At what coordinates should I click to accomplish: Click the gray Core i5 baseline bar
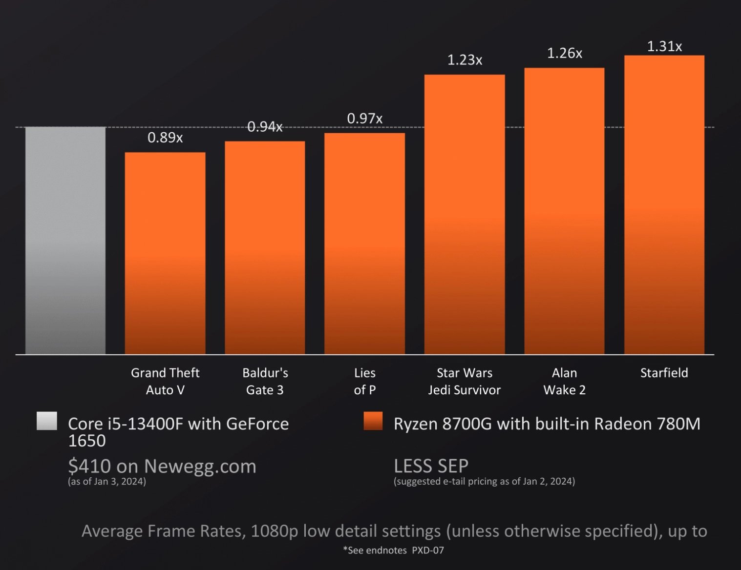tap(65, 240)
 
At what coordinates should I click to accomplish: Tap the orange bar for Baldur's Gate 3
tap(265, 247)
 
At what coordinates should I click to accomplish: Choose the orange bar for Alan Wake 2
tap(564, 211)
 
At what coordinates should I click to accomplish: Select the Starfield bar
tap(664, 204)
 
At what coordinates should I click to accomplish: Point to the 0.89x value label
tap(165, 138)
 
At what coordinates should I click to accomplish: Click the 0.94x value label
tap(265, 127)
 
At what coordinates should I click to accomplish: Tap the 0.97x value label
tap(364, 119)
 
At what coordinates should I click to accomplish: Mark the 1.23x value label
tap(465, 60)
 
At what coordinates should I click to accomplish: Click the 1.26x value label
tap(564, 53)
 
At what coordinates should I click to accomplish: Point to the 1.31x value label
tap(664, 46)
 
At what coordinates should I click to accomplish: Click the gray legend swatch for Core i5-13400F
tap(47, 421)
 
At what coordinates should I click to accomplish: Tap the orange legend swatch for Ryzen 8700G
tap(373, 421)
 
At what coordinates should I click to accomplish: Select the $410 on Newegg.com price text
tap(162, 466)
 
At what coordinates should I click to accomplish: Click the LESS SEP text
tap(431, 466)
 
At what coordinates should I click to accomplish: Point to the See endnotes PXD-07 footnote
tap(393, 550)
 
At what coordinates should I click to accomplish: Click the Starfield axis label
tap(664, 373)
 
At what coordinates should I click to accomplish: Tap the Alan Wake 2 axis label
tap(564, 381)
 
